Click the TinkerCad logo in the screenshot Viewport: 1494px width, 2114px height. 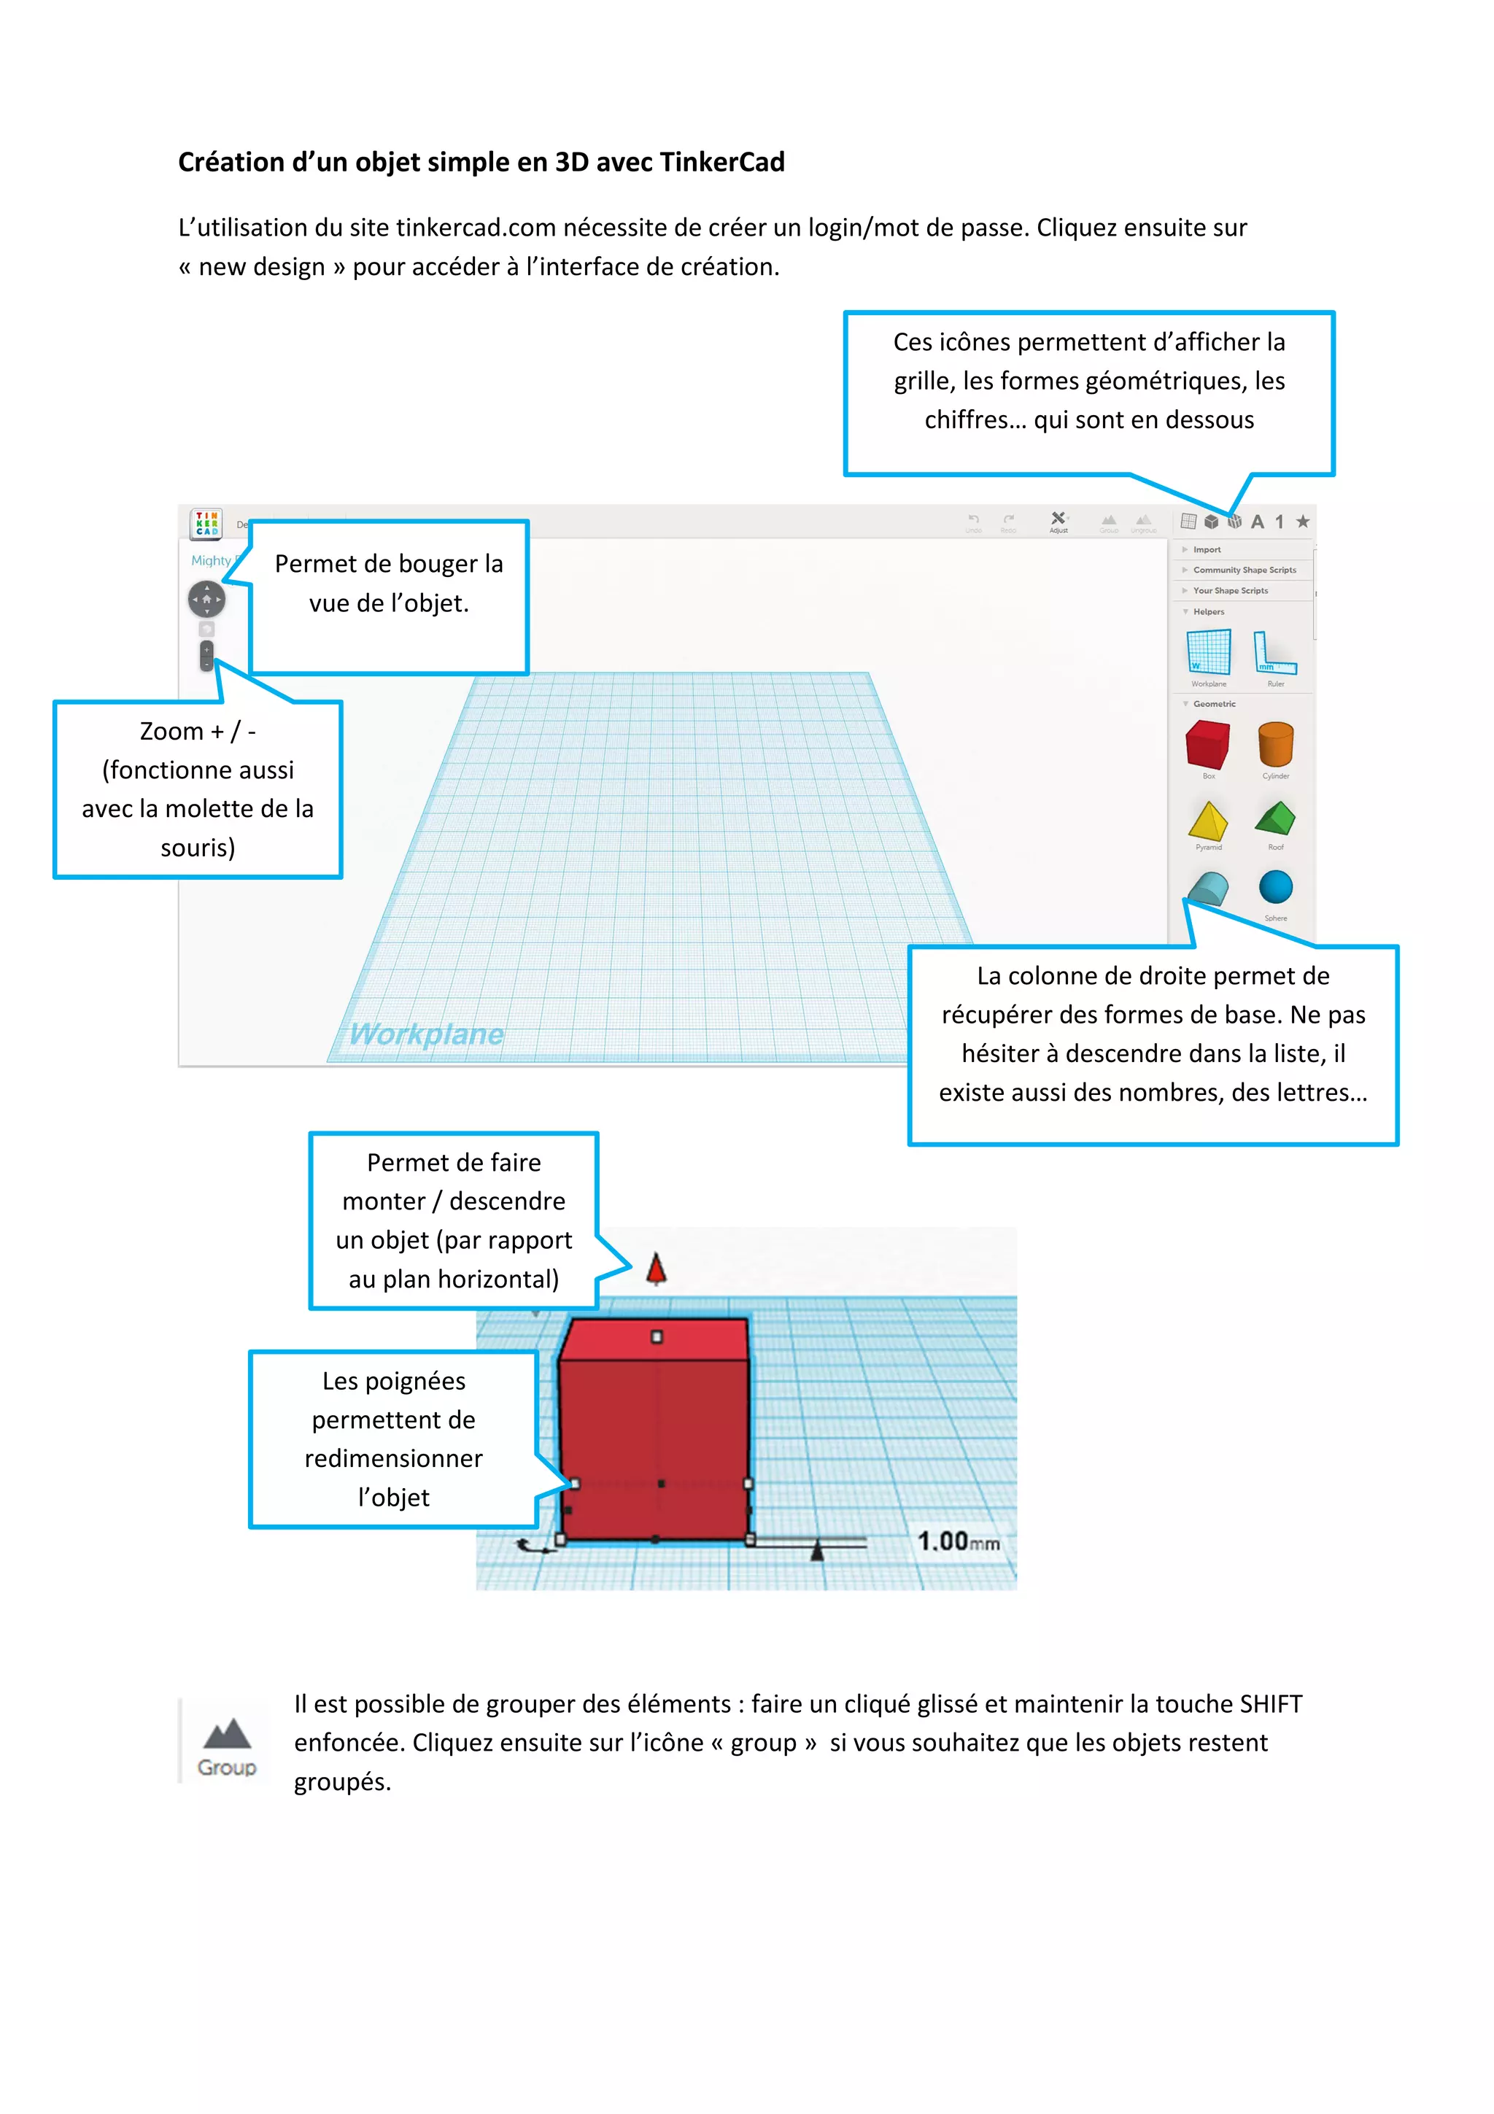tap(206, 523)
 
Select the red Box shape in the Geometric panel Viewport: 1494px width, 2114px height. tap(1208, 745)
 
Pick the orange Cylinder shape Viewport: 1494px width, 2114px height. tap(1275, 744)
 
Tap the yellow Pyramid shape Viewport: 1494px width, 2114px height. tap(1208, 821)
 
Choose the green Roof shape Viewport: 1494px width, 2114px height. tap(1275, 818)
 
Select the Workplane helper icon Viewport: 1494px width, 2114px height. tap(1208, 652)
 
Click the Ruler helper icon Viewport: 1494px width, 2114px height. tap(1275, 652)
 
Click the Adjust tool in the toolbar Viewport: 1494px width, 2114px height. tap(1058, 521)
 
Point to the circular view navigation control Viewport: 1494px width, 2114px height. tap(206, 600)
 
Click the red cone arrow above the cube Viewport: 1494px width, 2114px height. tap(657, 1269)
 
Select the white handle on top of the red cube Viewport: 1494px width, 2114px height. tap(657, 1336)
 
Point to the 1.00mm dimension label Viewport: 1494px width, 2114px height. tap(957, 1541)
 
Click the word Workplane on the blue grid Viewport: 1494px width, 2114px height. tap(426, 1034)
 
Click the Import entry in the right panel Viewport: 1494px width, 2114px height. tap(1207, 550)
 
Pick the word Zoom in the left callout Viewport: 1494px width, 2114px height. tap(171, 731)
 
